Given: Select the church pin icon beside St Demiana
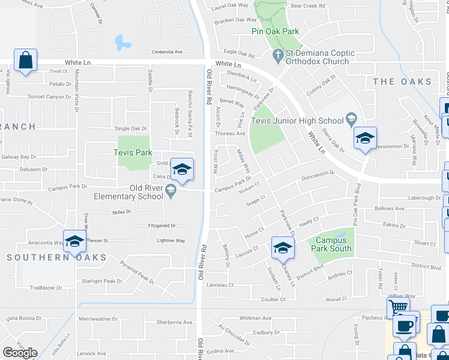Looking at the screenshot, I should pyautogui.click(x=277, y=57).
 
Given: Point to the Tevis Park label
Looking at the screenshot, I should pyautogui.click(x=133, y=152).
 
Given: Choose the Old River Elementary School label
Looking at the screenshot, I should pyautogui.click(x=128, y=192).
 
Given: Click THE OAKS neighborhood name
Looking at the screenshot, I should pyautogui.click(x=402, y=82).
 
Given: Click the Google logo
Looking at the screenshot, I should pyautogui.click(x=20, y=353).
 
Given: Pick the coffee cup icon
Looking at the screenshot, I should pyautogui.click(x=405, y=326).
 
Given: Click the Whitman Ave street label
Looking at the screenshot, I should pyautogui.click(x=256, y=318).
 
